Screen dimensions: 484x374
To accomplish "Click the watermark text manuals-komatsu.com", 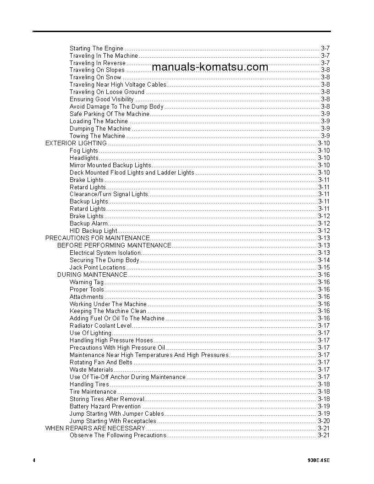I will (x=209, y=67).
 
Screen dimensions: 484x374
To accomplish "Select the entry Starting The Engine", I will (x=96, y=48).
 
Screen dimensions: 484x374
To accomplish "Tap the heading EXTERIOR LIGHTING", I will (x=76, y=143).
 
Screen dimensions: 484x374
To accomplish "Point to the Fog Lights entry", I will (x=83, y=150).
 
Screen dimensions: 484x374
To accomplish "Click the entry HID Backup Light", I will (x=93, y=231).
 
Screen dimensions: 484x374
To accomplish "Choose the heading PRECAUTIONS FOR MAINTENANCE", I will (x=97, y=238).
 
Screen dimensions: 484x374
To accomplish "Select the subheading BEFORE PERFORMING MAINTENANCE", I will (x=114, y=246).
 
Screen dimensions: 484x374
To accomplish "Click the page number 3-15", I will (x=324, y=268).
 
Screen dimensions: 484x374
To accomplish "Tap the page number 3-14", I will (x=324, y=260).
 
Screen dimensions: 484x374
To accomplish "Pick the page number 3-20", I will (x=324, y=421).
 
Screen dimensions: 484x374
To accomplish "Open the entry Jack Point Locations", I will (x=97, y=268).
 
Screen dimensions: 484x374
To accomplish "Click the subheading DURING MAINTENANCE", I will (x=92, y=275).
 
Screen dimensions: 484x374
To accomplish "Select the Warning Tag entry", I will (x=87, y=282).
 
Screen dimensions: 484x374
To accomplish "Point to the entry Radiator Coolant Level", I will (x=100, y=326).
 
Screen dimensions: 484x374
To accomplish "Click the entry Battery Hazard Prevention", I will (x=105, y=407).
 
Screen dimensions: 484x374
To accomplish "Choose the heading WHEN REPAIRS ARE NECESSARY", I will (x=95, y=428).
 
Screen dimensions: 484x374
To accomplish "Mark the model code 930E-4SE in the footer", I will (x=319, y=460).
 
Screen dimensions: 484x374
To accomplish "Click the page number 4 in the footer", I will (x=34, y=460).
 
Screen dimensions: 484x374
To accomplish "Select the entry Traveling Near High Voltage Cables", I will (x=118, y=85).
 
